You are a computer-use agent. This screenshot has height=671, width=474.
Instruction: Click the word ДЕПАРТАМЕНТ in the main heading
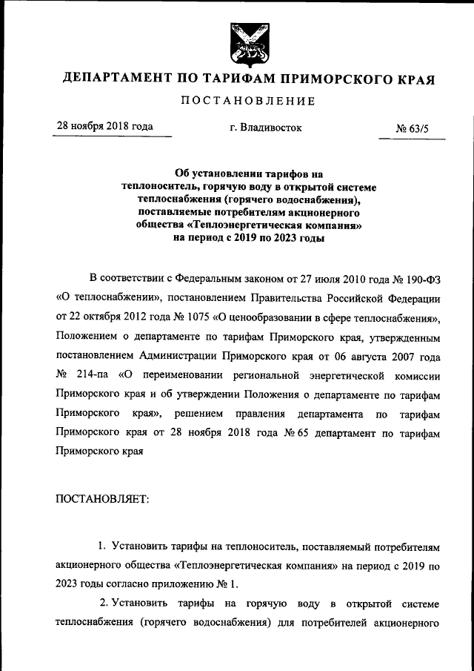click(x=121, y=79)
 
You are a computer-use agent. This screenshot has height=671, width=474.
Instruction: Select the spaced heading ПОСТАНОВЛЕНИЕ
click(x=248, y=101)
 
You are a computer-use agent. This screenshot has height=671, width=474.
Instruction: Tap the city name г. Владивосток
click(x=266, y=128)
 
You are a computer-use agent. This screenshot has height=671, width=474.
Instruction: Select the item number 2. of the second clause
click(x=104, y=603)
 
